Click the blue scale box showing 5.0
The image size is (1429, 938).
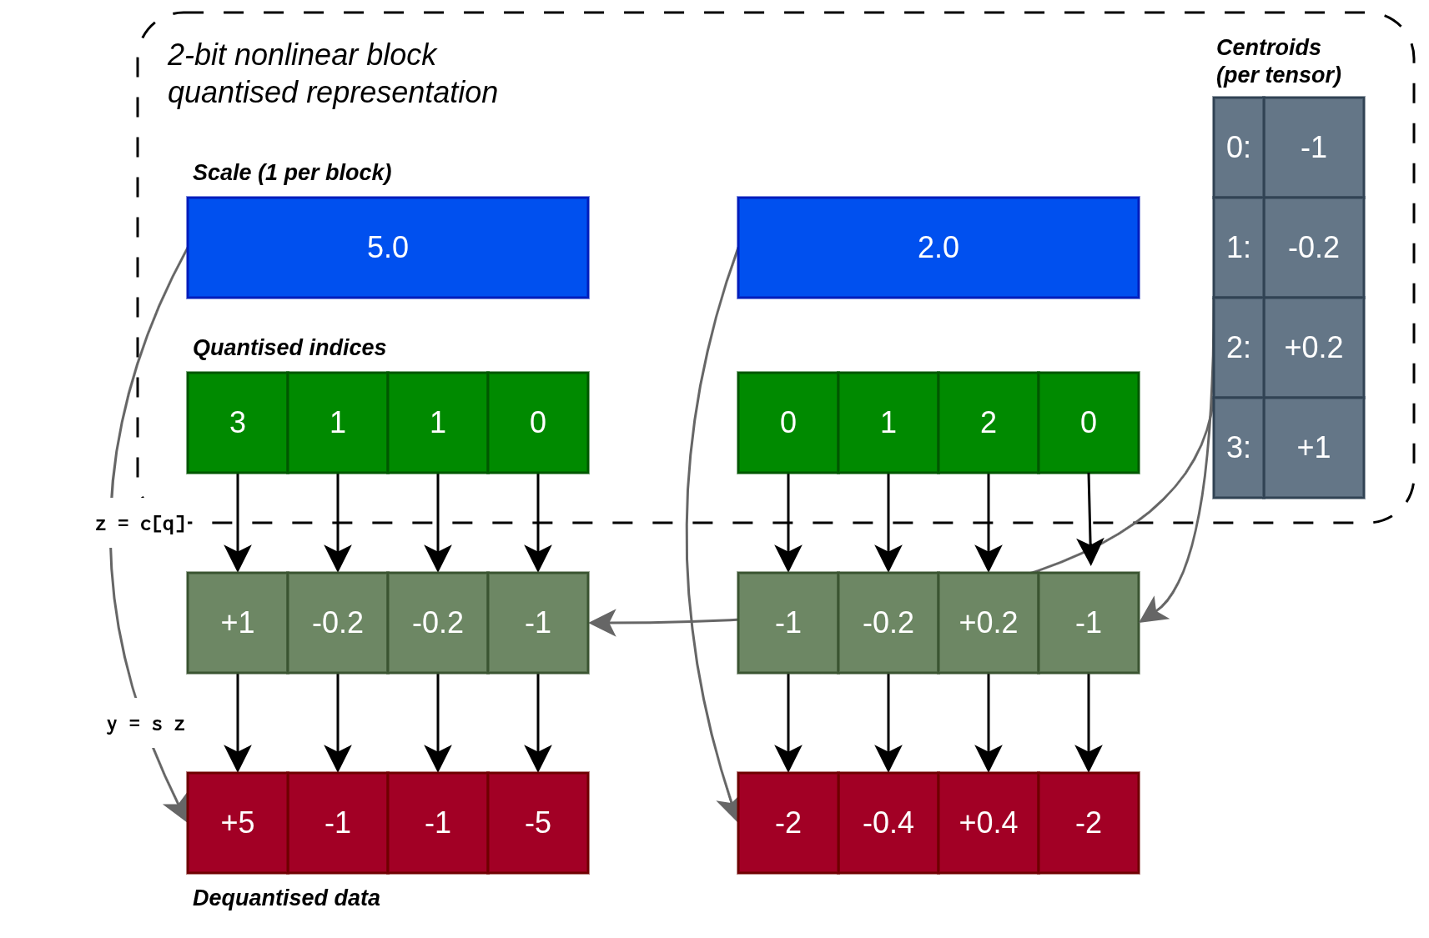(x=387, y=248)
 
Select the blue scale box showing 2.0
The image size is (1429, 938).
(x=938, y=248)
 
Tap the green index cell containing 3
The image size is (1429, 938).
(x=238, y=423)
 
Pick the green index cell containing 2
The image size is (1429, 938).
(x=988, y=423)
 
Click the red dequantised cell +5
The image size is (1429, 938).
(x=238, y=823)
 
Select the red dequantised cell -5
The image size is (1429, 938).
(x=538, y=823)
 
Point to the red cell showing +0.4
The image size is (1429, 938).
(x=988, y=823)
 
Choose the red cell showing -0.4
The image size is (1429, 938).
(x=888, y=823)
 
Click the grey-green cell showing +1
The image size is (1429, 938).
(x=238, y=623)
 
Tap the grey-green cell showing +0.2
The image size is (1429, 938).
(x=988, y=623)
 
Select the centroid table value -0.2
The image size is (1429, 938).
(x=1313, y=248)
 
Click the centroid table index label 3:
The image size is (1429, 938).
(x=1238, y=448)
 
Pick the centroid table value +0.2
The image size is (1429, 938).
(x=1313, y=348)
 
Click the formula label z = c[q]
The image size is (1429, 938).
(x=142, y=524)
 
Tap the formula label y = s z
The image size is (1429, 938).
(x=146, y=724)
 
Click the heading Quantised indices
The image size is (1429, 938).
(x=289, y=348)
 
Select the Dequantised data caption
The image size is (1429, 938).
(x=285, y=898)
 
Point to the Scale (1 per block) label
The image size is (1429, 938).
(x=291, y=173)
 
